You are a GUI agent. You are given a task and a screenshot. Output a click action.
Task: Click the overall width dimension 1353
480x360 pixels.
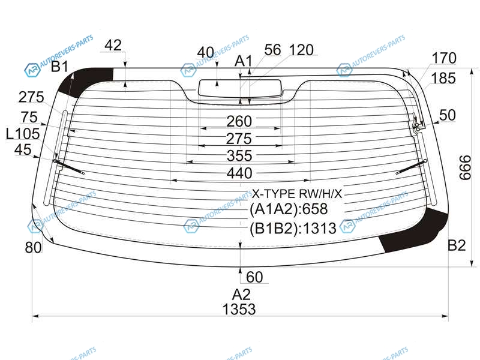pyautogui.click(x=239, y=309)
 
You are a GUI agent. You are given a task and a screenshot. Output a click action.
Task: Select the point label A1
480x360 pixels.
pyautogui.click(x=243, y=61)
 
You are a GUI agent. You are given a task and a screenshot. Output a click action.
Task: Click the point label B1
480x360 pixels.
pyautogui.click(x=59, y=67)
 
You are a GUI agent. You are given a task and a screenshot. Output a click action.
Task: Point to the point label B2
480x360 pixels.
pyautogui.click(x=457, y=245)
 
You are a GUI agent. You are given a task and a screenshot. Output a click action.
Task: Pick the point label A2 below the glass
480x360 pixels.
pyautogui.click(x=241, y=295)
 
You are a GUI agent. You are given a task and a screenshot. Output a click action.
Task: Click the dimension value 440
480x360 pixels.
pyautogui.click(x=239, y=173)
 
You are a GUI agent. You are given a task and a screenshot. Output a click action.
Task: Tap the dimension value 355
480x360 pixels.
pyautogui.click(x=239, y=156)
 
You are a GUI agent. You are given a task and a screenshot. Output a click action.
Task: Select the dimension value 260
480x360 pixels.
pyautogui.click(x=239, y=121)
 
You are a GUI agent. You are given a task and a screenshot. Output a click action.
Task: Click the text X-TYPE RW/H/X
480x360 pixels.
pyautogui.click(x=296, y=193)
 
